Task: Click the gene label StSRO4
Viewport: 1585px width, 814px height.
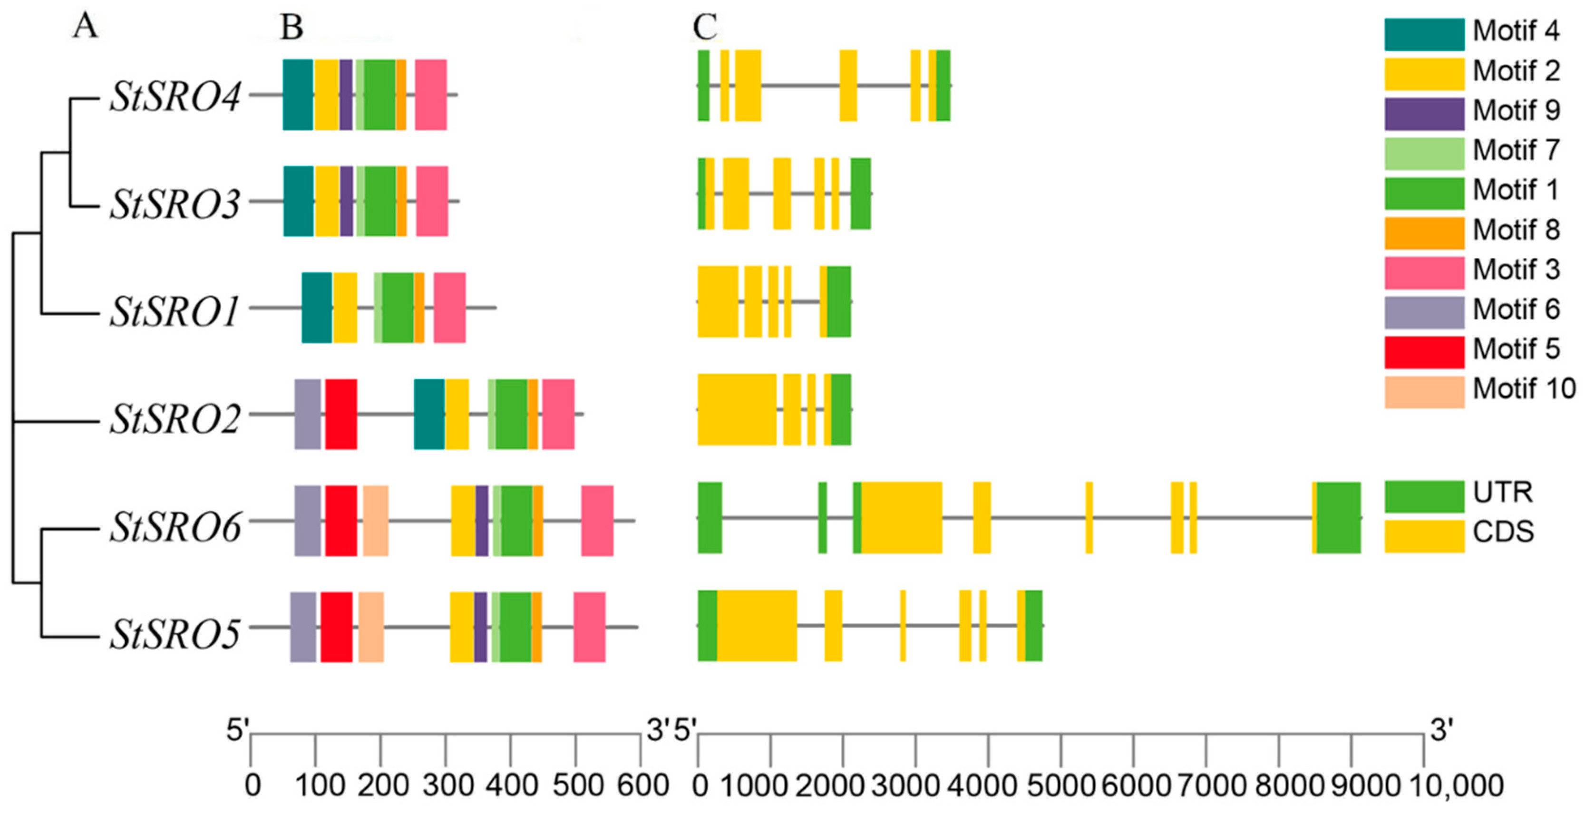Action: [x=175, y=97]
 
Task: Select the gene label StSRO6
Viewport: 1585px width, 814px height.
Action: [x=175, y=527]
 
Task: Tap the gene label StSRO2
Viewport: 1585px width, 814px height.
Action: [x=175, y=420]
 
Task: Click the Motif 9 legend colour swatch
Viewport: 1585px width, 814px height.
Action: [x=1424, y=114]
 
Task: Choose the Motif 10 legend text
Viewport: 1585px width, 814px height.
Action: [x=1524, y=389]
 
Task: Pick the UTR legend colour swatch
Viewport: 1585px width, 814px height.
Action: [x=1424, y=496]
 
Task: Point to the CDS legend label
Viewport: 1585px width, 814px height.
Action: [x=1503, y=532]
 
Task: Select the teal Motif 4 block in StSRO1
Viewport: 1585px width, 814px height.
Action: [x=317, y=307]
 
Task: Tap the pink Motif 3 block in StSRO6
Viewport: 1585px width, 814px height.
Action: [x=597, y=521]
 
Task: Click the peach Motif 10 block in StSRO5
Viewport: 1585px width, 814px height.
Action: [x=371, y=627]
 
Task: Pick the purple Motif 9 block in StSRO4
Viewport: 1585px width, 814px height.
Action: [x=346, y=95]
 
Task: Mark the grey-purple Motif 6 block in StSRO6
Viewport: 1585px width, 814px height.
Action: [x=308, y=521]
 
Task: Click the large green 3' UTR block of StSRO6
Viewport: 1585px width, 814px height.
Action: [x=1338, y=517]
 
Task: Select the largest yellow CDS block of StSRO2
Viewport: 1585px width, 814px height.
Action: [x=737, y=409]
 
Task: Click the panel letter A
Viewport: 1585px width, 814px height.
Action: [x=85, y=27]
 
